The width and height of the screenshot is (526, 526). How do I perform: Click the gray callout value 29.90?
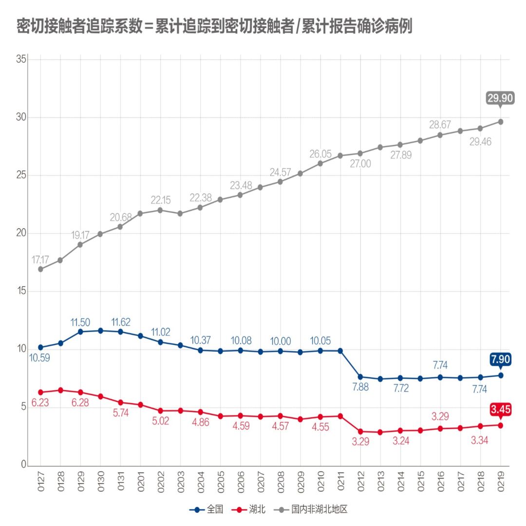tap(500, 98)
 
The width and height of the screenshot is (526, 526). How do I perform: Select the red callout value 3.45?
tap(500, 410)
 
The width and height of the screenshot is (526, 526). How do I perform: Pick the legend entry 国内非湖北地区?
tap(319, 509)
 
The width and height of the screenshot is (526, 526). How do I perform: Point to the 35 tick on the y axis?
tap(20, 59)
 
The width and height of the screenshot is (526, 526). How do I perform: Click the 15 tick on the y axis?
tap(20, 291)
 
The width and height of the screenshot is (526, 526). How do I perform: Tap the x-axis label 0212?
tap(360, 481)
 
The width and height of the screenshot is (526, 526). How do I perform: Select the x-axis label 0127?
tap(40, 481)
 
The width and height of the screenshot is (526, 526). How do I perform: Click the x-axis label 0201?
tap(140, 481)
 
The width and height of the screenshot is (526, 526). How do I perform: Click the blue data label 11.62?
tap(120, 322)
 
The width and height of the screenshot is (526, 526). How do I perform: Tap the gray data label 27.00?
tap(360, 164)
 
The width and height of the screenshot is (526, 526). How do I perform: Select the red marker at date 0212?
tap(360, 431)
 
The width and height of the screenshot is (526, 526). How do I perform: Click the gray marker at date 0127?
tap(40, 269)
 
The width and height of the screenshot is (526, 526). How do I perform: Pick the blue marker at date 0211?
tap(340, 351)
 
